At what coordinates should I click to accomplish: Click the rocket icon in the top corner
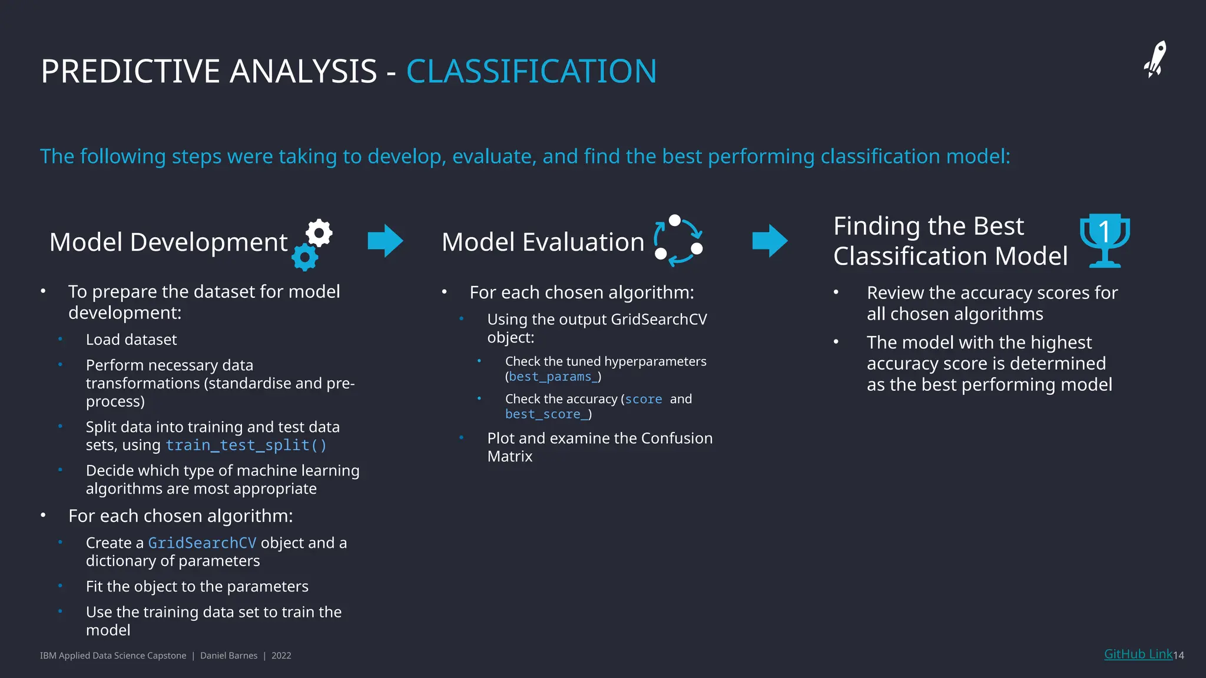tap(1155, 59)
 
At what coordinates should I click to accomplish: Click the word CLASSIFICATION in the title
tap(531, 72)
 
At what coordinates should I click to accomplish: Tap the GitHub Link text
tap(1138, 654)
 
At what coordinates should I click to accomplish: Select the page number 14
tap(1178, 655)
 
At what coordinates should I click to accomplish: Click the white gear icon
tap(319, 233)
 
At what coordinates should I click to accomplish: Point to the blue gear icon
tap(305, 257)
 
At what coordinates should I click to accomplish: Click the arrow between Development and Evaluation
tap(385, 241)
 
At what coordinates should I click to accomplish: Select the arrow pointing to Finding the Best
tap(770, 241)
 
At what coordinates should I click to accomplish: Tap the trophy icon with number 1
tap(1105, 240)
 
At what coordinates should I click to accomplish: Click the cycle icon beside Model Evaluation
tap(678, 240)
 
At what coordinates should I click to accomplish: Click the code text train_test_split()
tap(246, 445)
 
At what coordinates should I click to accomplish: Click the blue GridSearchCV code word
tap(202, 543)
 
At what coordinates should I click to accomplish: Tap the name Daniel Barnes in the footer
tap(228, 656)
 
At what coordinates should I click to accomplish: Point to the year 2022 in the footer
tap(281, 656)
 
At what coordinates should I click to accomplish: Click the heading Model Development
tap(168, 242)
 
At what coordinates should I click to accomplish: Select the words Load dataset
tap(131, 340)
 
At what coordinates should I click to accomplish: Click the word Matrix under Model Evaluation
tap(509, 457)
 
